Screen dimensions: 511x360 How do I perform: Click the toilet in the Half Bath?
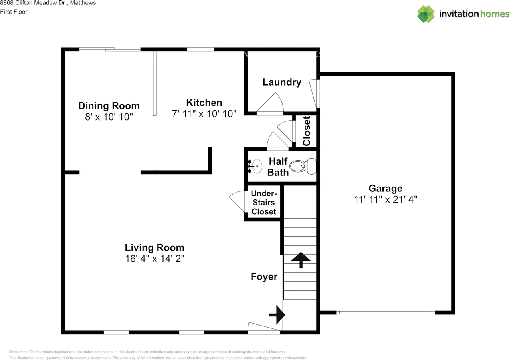(304, 167)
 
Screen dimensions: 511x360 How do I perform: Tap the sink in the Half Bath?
(255, 166)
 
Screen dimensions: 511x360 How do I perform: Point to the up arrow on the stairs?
(301, 260)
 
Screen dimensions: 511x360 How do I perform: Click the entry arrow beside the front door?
(277, 315)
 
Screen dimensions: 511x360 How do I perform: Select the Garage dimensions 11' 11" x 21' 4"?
(386, 199)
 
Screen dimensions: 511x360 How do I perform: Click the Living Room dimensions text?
(154, 259)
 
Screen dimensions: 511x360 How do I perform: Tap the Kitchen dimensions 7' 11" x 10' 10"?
(204, 114)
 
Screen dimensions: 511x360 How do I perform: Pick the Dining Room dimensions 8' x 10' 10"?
(109, 117)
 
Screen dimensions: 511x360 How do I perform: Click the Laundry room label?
(282, 82)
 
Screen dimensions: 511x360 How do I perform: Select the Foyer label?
(264, 276)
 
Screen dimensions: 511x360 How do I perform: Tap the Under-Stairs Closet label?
(264, 203)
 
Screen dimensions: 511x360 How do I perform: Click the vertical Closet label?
(307, 131)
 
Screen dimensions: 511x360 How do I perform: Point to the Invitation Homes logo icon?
(426, 14)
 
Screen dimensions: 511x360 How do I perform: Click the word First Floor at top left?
(14, 12)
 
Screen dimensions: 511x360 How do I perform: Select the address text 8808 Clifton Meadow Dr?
(33, 3)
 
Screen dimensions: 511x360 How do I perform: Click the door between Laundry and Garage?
(315, 93)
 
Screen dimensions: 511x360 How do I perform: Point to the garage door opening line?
(386, 312)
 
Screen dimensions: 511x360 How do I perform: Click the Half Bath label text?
(278, 167)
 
